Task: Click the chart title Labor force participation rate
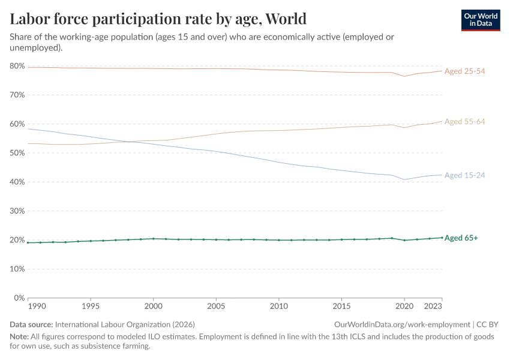158,19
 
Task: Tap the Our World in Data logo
480,19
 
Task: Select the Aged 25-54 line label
464,71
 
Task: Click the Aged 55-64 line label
464,122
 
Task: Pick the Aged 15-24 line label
464,175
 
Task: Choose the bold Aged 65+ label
461,238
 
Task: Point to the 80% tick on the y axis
17,66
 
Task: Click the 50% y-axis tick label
17,153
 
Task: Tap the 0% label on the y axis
19,298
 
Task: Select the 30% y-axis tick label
17,211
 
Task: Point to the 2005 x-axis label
216,305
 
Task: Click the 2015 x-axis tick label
341,305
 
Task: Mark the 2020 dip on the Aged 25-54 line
404,76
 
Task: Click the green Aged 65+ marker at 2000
153,239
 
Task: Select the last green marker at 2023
442,238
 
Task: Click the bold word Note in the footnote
20,337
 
